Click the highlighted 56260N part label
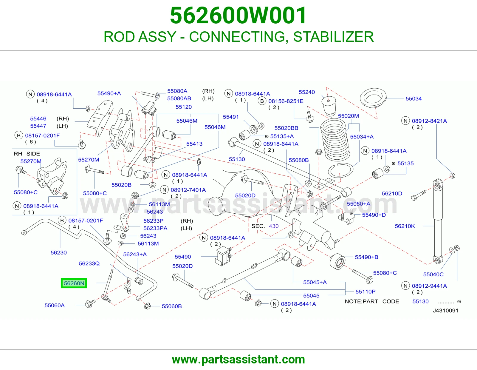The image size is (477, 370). (74, 283)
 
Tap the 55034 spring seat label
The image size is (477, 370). (413, 98)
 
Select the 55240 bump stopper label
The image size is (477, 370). (307, 92)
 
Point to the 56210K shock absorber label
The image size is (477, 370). (405, 226)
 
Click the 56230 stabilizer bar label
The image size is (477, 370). (59, 252)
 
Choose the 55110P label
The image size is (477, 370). (366, 292)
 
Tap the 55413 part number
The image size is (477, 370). (194, 144)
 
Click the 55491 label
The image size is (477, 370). (231, 117)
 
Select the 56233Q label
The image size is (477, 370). (89, 263)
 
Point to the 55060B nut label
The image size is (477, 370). (172, 306)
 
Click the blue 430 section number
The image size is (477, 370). (274, 226)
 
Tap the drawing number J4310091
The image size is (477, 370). (446, 311)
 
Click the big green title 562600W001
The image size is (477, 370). (238, 16)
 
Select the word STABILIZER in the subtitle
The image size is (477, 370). (333, 37)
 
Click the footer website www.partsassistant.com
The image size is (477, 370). (238, 360)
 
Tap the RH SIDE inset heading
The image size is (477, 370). (27, 154)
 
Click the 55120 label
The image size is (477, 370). (184, 107)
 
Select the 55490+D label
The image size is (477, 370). (374, 215)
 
